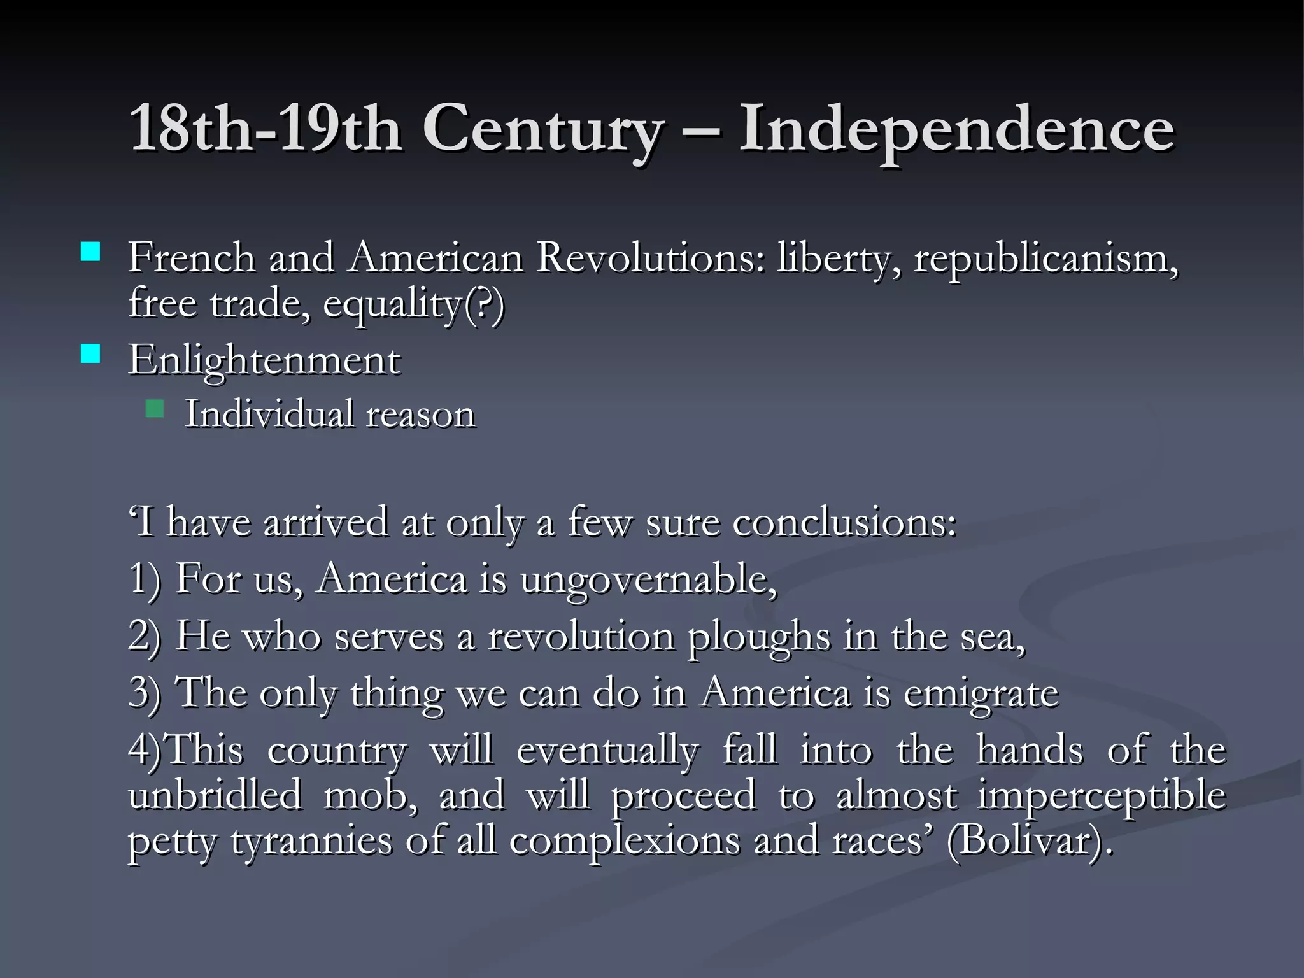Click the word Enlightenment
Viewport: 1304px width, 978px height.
coord(264,360)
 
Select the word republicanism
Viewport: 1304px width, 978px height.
coord(1045,259)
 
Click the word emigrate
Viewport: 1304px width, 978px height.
coord(981,693)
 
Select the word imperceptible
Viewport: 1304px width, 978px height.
coord(1102,796)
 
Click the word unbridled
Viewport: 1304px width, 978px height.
coord(215,795)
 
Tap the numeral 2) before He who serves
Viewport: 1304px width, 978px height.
coord(145,637)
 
